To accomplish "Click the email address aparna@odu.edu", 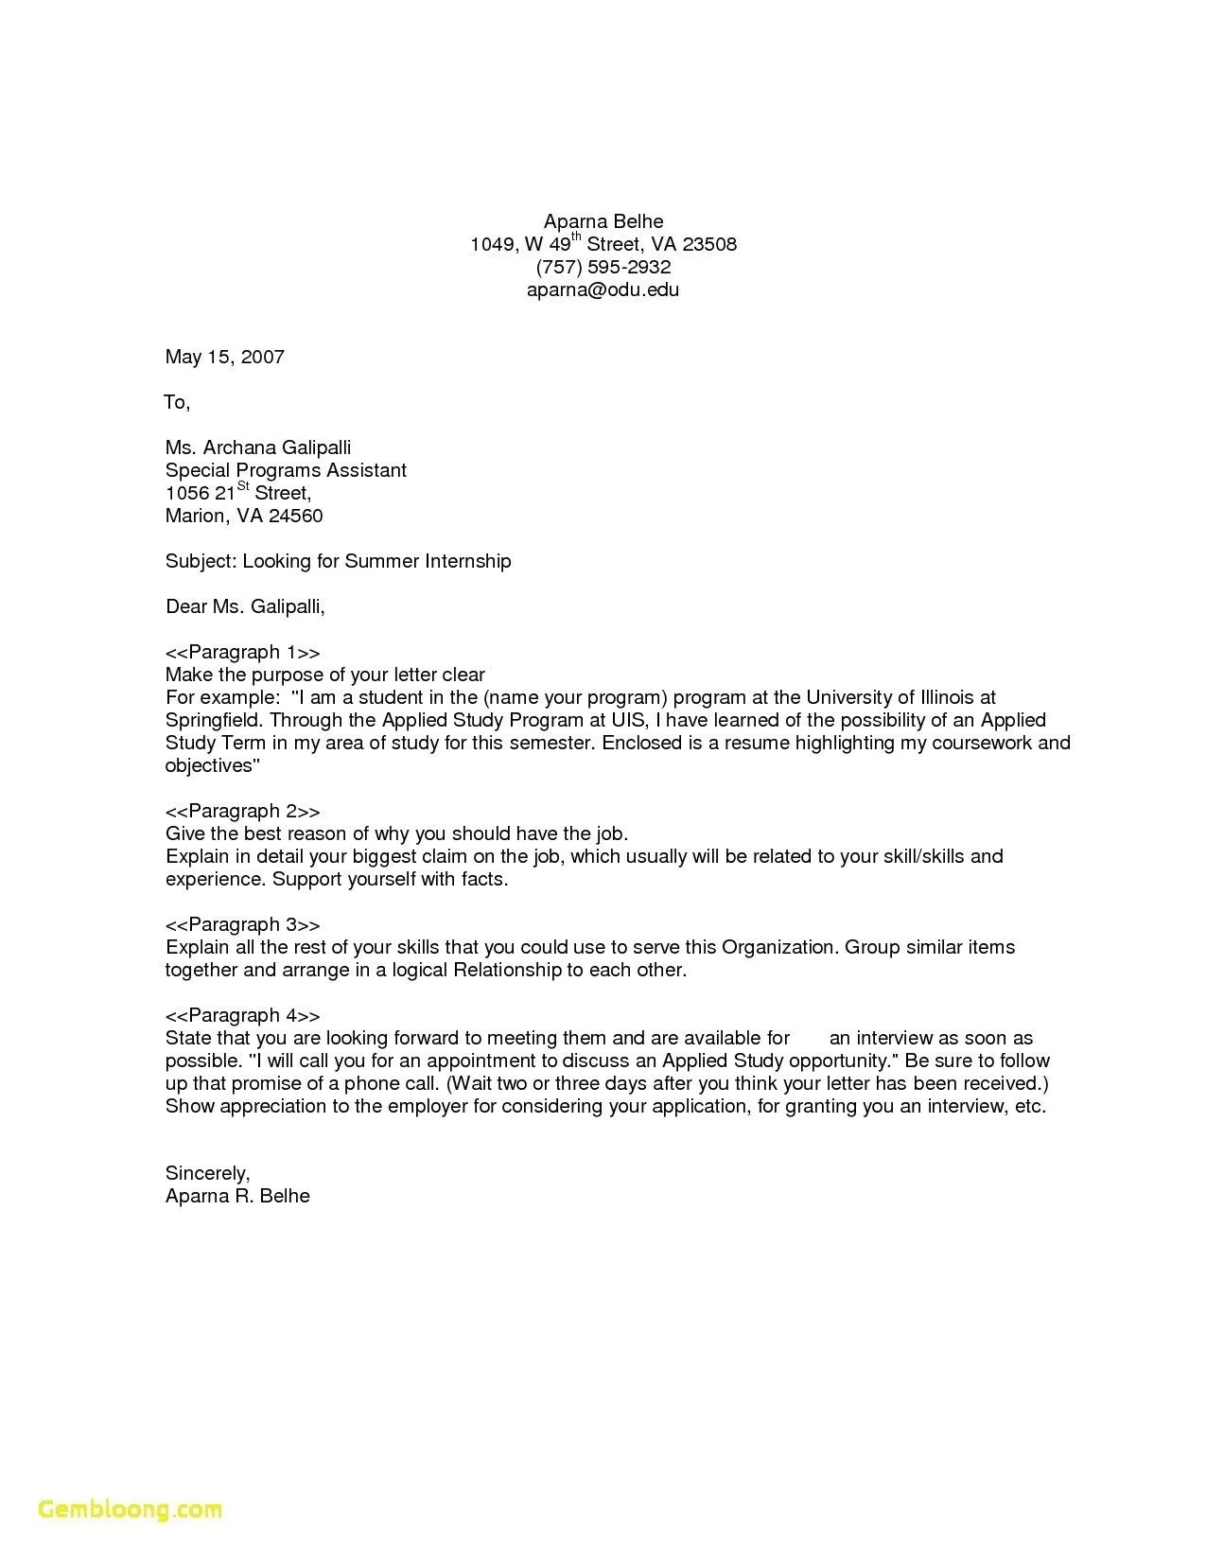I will click(603, 289).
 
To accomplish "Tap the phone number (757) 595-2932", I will click(603, 267).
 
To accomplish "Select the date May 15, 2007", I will click(224, 357).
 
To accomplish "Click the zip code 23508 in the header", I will click(709, 244).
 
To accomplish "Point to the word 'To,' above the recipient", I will click(177, 402).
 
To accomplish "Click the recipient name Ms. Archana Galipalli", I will click(258, 447).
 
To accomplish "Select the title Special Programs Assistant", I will click(286, 470).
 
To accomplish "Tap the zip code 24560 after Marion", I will click(295, 516).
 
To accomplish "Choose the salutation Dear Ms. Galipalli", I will click(245, 606).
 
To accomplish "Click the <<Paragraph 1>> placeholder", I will click(242, 652).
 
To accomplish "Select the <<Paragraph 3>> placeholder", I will click(242, 924).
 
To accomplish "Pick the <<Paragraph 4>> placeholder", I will click(242, 1015).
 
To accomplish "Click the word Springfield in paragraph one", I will click(213, 720).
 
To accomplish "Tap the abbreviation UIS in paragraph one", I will click(625, 720).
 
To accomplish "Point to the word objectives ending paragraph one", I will click(209, 765).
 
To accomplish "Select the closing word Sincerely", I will click(207, 1173).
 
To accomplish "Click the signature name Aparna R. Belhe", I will click(237, 1196).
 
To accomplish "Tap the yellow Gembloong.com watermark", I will click(131, 1508).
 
